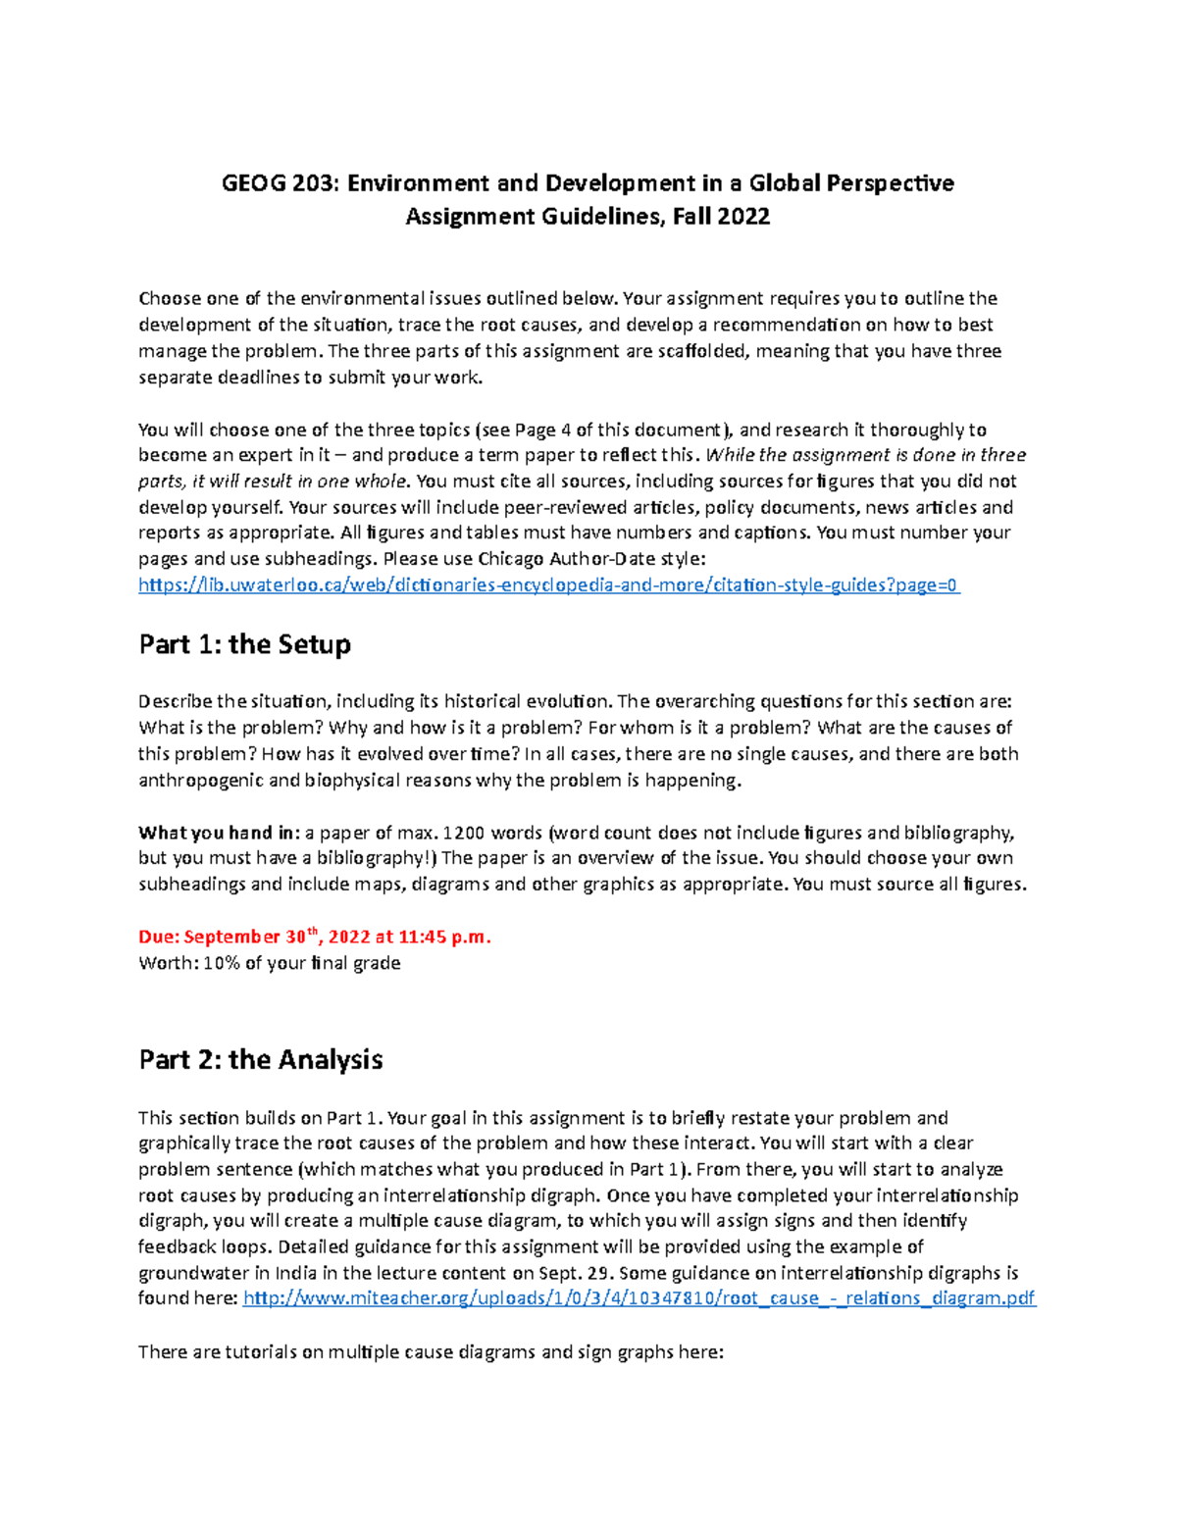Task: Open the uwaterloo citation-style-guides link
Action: tap(549, 585)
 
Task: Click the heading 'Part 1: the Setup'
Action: tap(244, 644)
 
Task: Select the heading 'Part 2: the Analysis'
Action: tap(260, 1059)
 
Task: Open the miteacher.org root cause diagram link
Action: tap(639, 1298)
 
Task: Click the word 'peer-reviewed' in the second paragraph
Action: tap(564, 507)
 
